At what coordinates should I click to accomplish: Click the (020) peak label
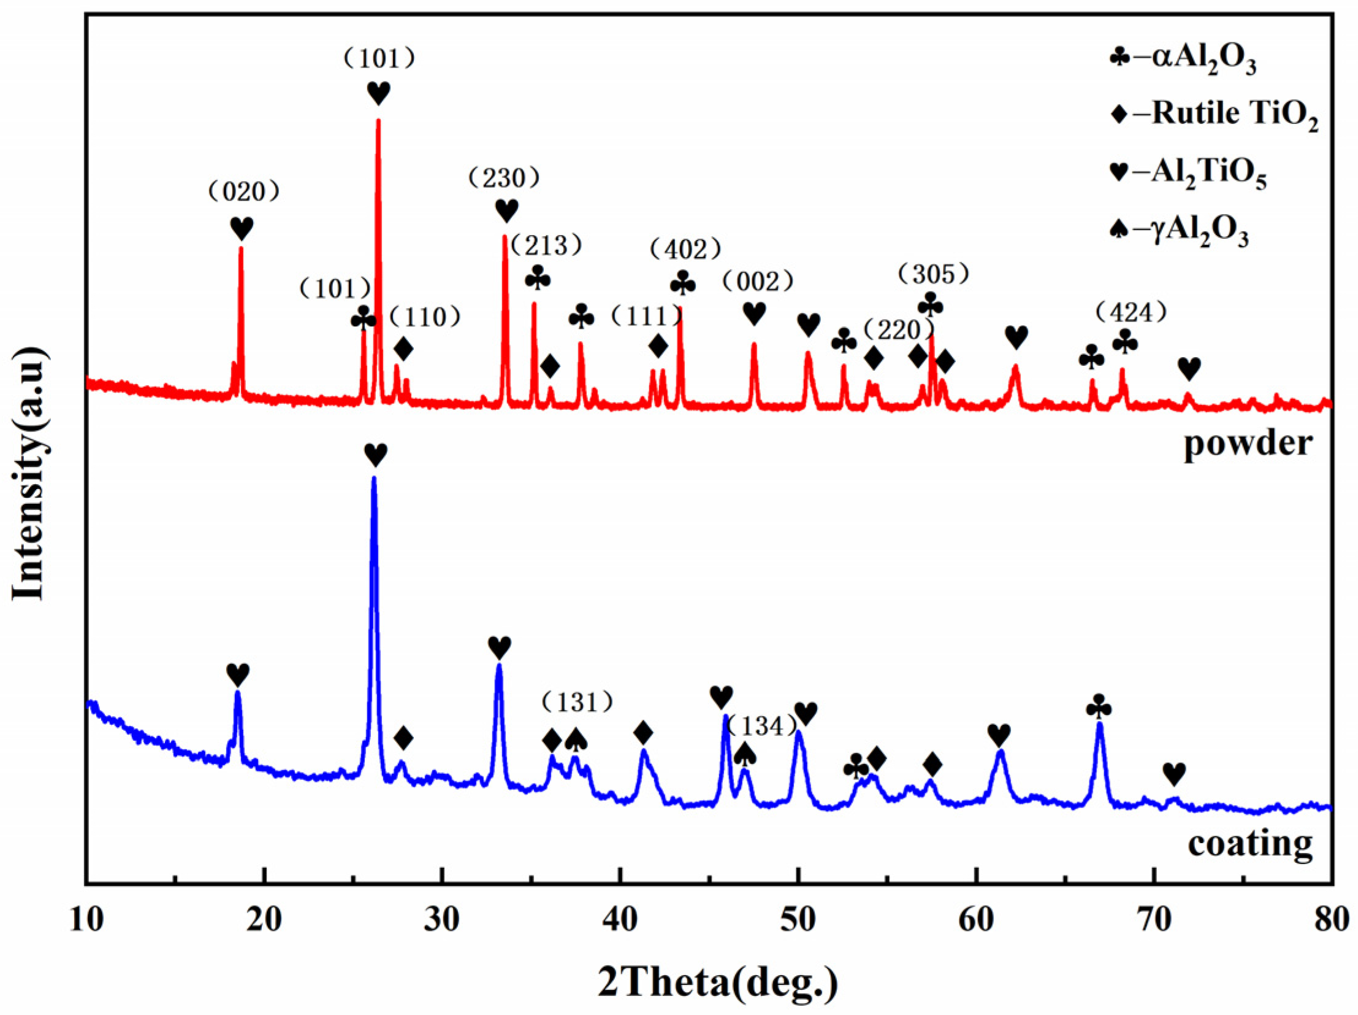(244, 192)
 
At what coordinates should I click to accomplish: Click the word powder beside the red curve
(1248, 442)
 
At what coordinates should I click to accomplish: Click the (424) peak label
(1131, 314)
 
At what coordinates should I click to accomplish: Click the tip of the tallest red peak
(378, 120)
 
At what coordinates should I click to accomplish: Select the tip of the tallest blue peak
(373, 478)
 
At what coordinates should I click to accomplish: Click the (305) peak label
(933, 275)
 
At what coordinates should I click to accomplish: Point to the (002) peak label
(758, 282)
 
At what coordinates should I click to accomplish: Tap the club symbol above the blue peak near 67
(1099, 707)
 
